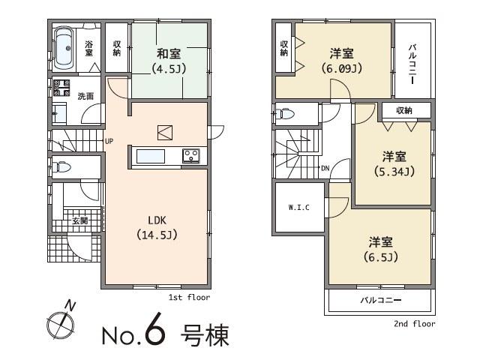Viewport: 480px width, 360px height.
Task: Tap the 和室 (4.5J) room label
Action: [168, 61]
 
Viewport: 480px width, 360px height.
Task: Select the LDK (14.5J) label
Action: [157, 227]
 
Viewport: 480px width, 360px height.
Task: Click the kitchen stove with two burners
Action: [191, 156]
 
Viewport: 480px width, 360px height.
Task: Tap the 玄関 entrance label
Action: [79, 220]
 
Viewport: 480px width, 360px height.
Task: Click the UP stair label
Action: [109, 141]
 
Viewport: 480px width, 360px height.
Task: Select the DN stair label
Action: [325, 167]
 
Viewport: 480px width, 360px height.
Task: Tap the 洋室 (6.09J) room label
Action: [343, 61]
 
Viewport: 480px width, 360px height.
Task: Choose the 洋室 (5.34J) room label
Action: [394, 163]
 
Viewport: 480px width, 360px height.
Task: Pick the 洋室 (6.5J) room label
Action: [380, 249]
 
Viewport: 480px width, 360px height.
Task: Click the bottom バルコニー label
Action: [380, 301]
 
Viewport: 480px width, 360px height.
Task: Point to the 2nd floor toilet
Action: [284, 115]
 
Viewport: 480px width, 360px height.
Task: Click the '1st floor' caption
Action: [189, 298]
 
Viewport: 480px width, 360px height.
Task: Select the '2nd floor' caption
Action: [414, 324]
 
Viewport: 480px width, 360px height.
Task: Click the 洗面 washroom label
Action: [85, 97]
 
